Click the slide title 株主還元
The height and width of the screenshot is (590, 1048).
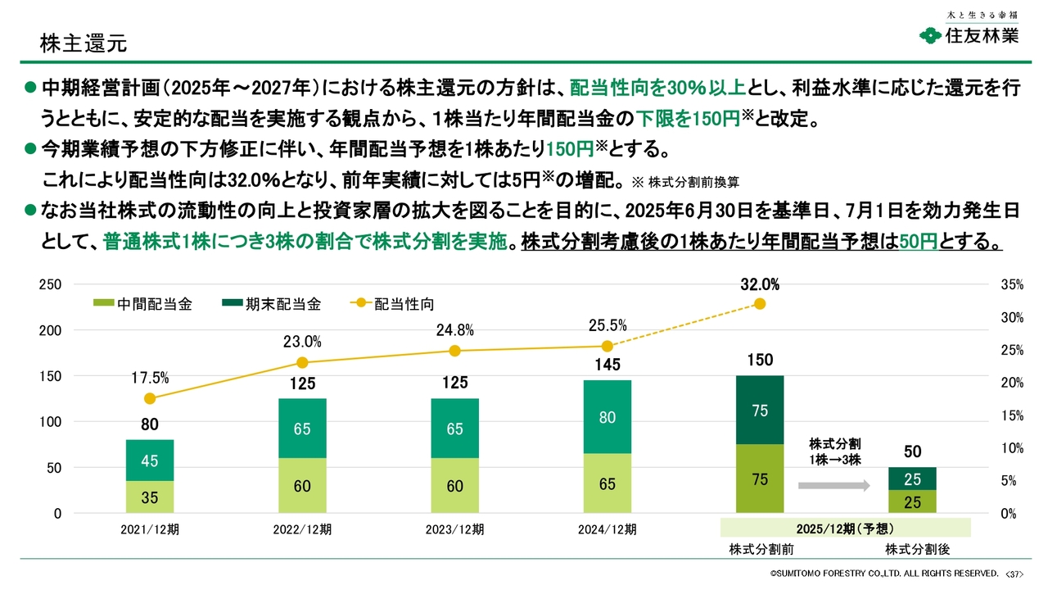pos(84,43)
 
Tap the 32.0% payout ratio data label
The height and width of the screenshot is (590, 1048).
pos(759,285)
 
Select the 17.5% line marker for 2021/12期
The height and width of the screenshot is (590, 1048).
pos(150,398)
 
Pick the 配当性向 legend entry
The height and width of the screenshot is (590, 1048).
pos(392,304)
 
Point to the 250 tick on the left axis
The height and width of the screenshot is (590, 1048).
pos(51,284)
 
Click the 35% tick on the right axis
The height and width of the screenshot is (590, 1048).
pos(1012,284)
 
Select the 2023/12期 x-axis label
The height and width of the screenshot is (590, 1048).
pos(454,529)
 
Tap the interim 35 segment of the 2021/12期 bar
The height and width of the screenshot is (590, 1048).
pos(150,497)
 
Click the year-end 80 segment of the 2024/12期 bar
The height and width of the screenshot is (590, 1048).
pos(607,417)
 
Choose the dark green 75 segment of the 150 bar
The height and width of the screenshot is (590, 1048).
pos(760,411)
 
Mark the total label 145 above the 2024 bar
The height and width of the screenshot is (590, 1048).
pos(607,365)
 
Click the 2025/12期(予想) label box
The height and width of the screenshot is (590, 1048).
pos(844,529)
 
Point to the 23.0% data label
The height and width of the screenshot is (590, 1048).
pos(302,342)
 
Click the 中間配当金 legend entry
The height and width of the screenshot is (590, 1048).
pos(144,304)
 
